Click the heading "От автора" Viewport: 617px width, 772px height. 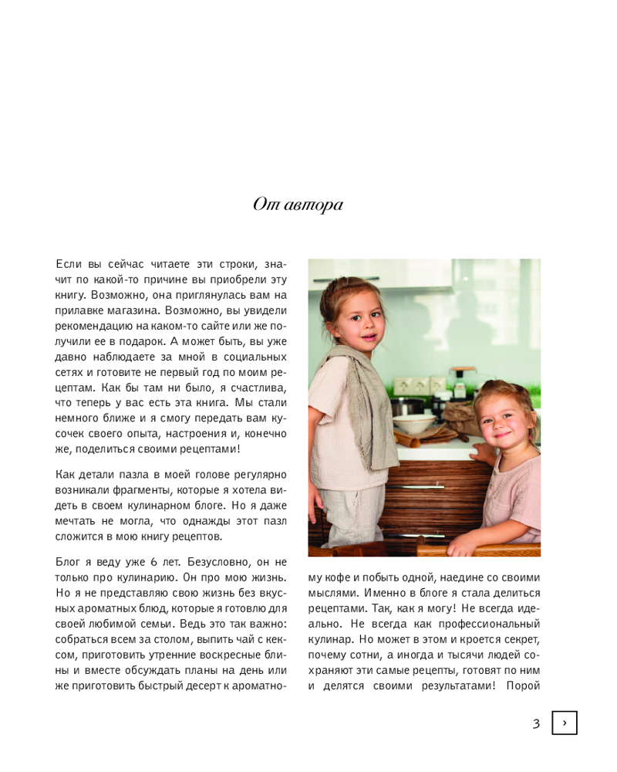click(298, 205)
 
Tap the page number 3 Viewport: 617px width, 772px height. click(536, 723)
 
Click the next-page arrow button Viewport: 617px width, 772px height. click(565, 723)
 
